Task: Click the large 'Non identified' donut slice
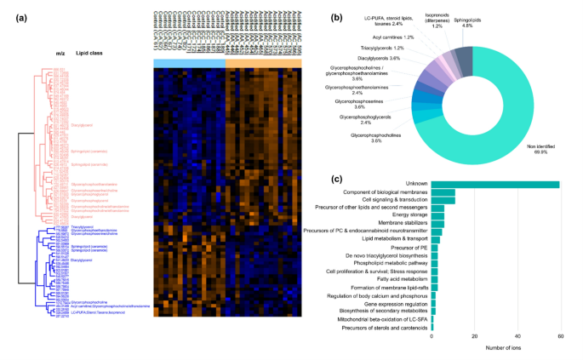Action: pos(502,111)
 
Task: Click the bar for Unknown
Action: pos(495,185)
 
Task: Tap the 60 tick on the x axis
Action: pos(558,336)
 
